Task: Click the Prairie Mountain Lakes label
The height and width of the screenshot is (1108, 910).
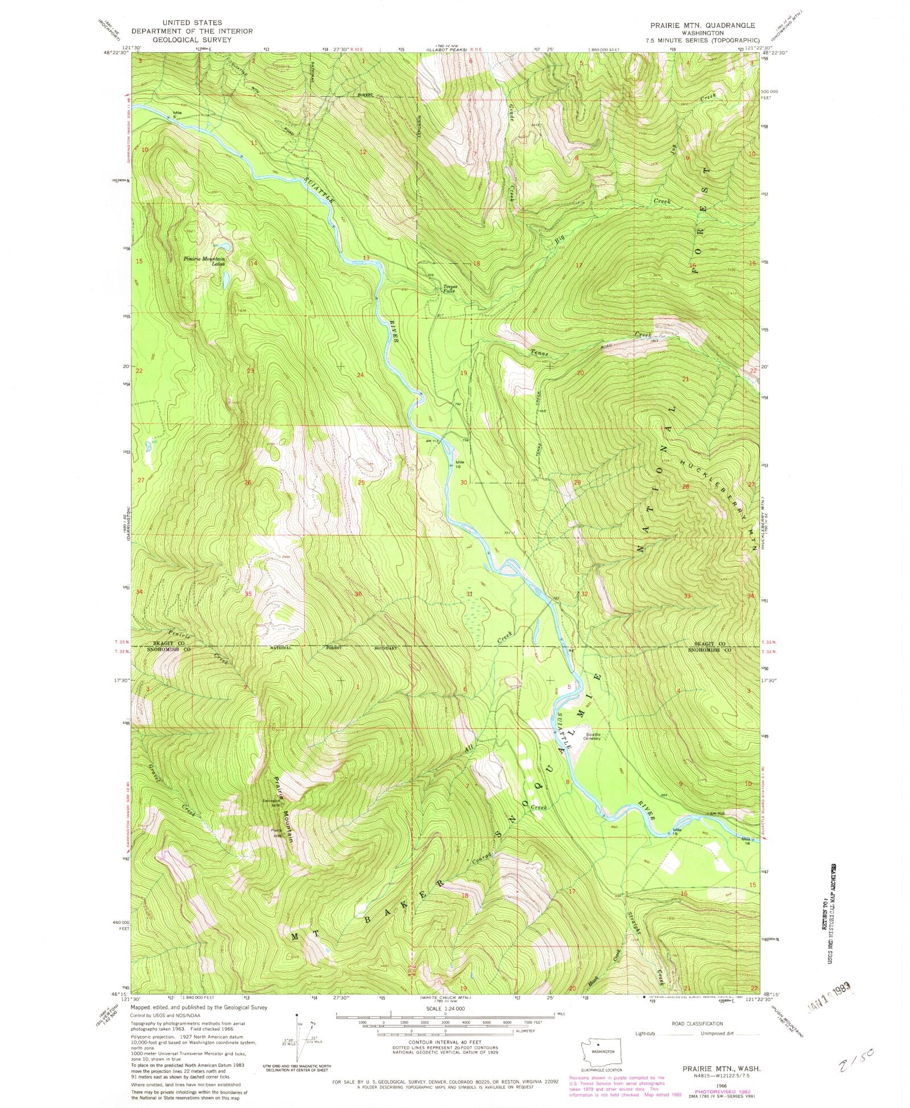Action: (x=204, y=262)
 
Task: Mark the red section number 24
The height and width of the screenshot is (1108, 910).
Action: (x=359, y=375)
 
